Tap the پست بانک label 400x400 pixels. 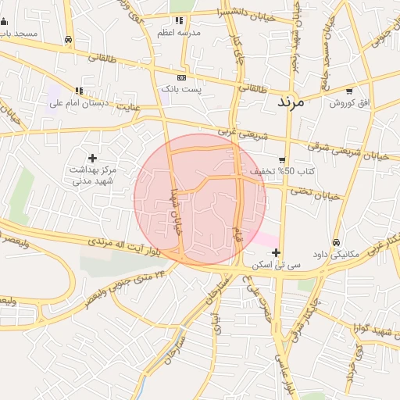[x=181, y=90]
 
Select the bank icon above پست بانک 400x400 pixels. [x=182, y=77]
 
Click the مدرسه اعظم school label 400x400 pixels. [x=177, y=32]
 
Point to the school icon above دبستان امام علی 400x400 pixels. [x=79, y=90]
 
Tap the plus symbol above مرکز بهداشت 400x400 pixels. [x=93, y=158]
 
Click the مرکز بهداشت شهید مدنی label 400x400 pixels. [x=94, y=175]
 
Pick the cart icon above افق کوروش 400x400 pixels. [x=349, y=91]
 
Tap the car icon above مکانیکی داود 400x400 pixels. [x=337, y=243]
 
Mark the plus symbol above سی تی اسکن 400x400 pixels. [x=276, y=252]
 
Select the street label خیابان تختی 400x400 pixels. [x=316, y=192]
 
